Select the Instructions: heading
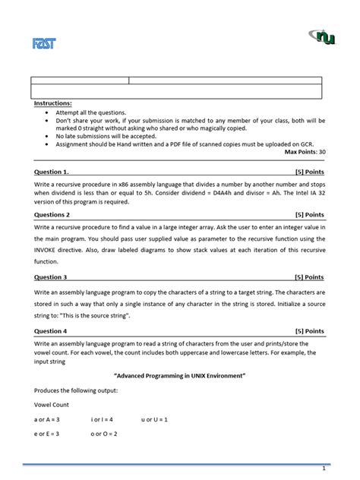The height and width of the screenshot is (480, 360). (53, 103)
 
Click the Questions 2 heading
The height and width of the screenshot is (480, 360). (56, 214)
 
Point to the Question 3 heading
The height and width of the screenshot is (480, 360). (55, 277)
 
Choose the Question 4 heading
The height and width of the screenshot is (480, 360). (55, 331)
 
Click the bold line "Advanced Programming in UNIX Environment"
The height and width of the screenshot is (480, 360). (180, 376)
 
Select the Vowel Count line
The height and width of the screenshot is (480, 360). (52, 405)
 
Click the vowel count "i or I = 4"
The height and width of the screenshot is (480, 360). (102, 419)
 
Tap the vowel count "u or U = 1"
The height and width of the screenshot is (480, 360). (156, 419)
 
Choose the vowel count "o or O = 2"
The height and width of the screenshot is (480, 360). (103, 434)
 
